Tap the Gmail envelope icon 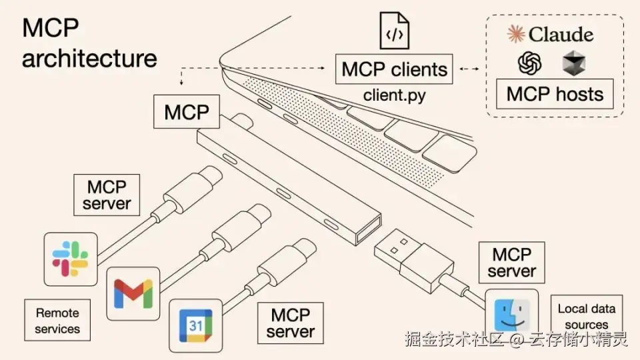pyautogui.click(x=133, y=293)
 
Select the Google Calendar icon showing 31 pyautogui.click(x=195, y=325)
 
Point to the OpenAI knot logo pyautogui.click(x=530, y=64)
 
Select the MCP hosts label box pyautogui.click(x=555, y=94)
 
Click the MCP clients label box pyautogui.click(x=394, y=69)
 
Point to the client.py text pyautogui.click(x=394, y=95)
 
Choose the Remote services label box pyautogui.click(x=57, y=321)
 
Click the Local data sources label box pyautogui.click(x=586, y=316)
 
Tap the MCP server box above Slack pyautogui.click(x=107, y=195)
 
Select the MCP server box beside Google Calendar pyautogui.click(x=291, y=323)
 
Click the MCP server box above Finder pyautogui.click(x=511, y=263)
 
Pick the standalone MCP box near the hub pyautogui.click(x=187, y=112)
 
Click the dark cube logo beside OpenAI pyautogui.click(x=573, y=64)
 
